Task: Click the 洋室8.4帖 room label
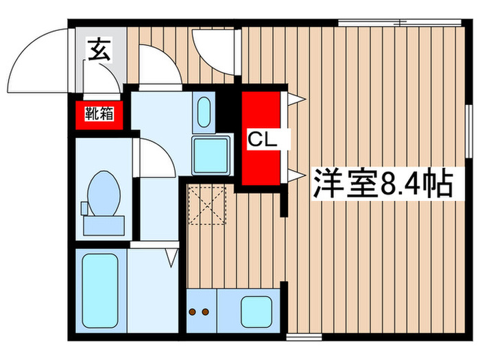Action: (383, 183)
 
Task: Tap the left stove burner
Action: (193, 312)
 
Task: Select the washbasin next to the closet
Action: (204, 112)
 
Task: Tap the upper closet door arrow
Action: (296, 99)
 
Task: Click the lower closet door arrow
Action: (296, 176)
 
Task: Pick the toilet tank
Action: (103, 222)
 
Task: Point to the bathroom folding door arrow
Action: (171, 256)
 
